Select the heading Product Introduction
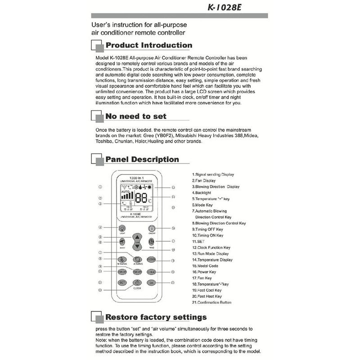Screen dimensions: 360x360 148,45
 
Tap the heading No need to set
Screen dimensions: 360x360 135,117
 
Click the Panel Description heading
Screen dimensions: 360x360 142,159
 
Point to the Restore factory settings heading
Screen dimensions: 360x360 156,317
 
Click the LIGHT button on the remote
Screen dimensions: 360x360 122,229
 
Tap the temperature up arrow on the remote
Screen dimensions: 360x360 136,237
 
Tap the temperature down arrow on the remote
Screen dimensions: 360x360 136,247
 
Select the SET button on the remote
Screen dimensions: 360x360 122,283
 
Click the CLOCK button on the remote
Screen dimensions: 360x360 137,283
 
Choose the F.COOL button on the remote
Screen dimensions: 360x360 151,260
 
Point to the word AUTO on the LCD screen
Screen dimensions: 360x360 125,191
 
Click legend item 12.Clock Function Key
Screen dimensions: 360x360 211,247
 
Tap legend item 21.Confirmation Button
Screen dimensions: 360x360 211,302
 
